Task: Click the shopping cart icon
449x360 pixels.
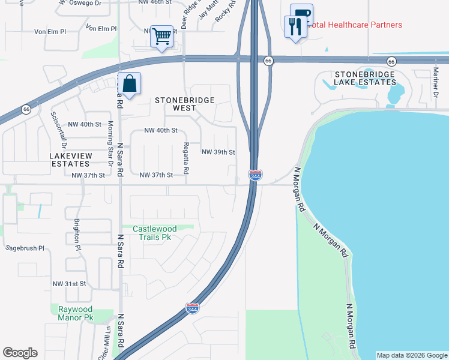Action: pos(161,37)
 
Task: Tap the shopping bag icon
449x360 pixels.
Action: pos(129,85)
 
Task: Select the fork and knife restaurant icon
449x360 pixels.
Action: pos(295,28)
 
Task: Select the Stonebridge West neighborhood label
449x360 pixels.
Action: pos(184,104)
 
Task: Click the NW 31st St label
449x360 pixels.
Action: pos(70,283)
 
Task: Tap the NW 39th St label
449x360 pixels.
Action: pos(218,152)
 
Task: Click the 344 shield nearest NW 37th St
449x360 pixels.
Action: pos(255,175)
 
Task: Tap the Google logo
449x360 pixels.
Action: pos(20,353)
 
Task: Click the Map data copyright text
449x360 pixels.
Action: pos(411,355)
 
